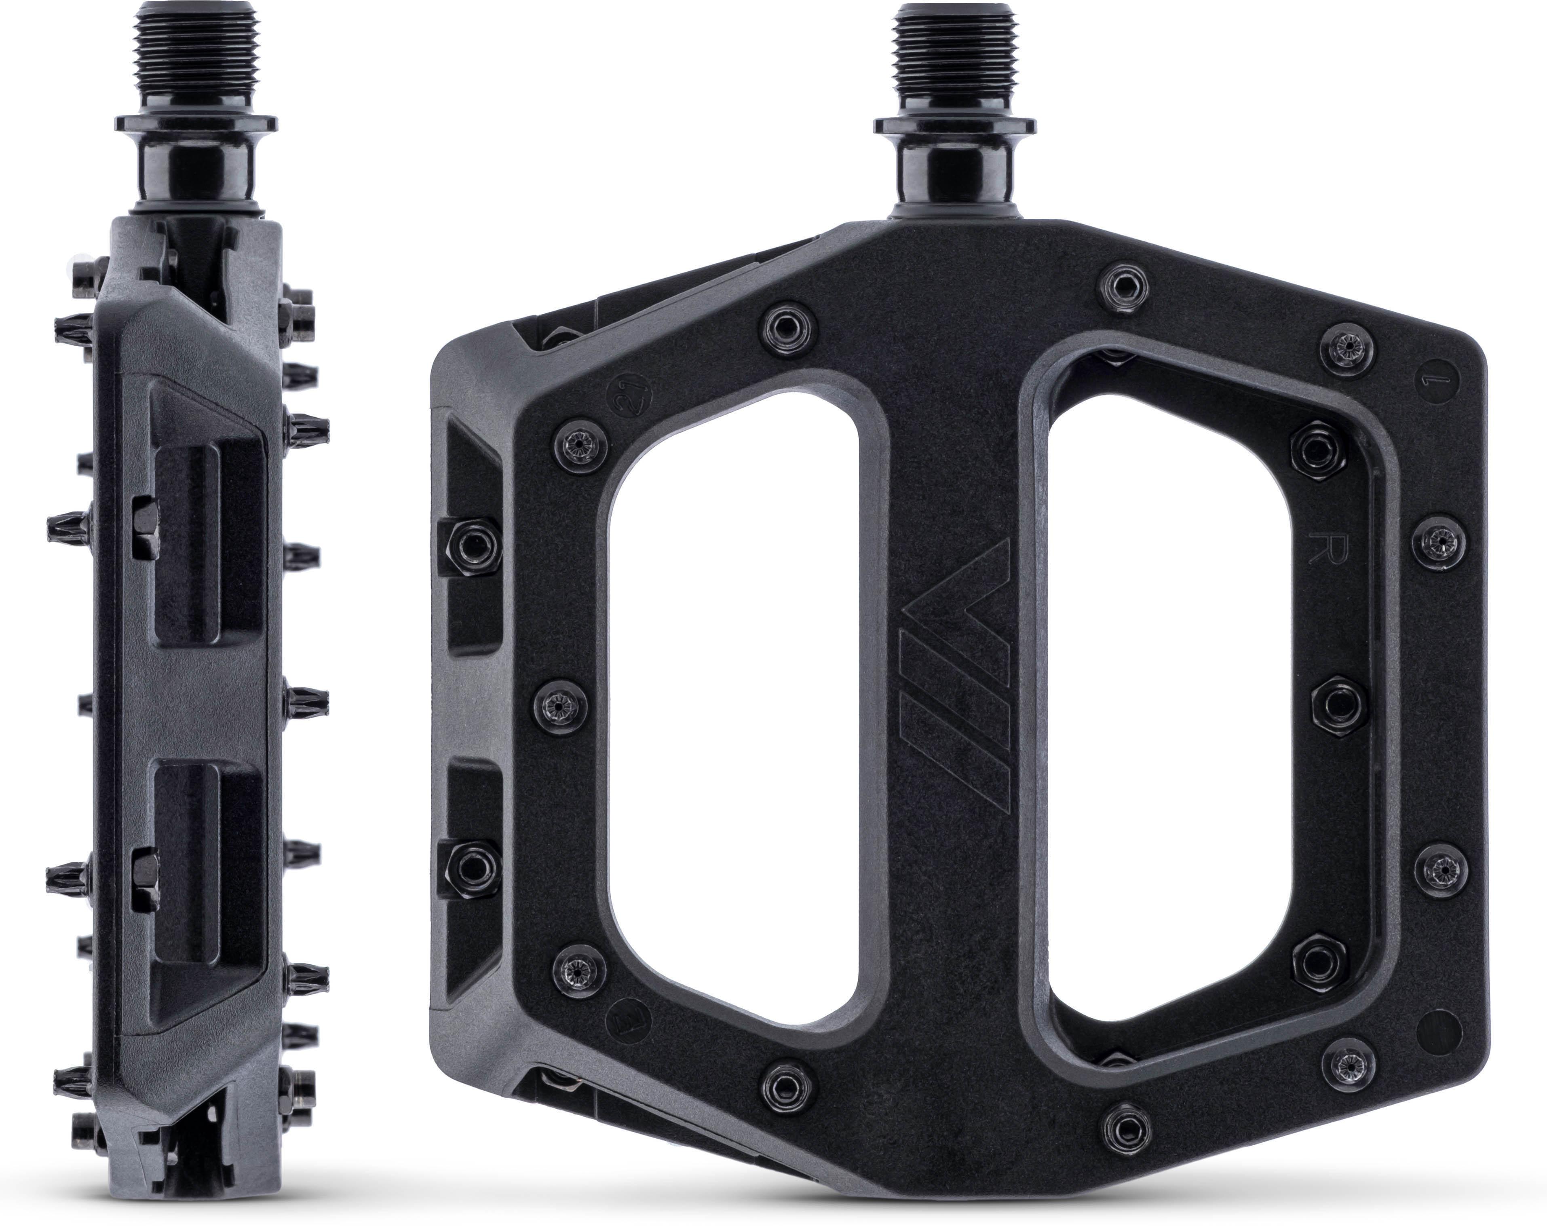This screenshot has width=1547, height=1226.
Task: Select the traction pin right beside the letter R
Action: pyautogui.click(x=1439, y=538)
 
